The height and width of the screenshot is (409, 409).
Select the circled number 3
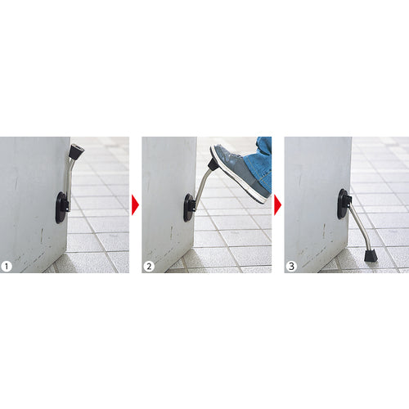(x=292, y=264)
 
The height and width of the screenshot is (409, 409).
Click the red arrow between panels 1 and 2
(x=135, y=204)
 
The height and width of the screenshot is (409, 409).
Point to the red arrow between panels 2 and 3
(x=277, y=204)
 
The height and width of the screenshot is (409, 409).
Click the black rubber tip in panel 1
(x=76, y=151)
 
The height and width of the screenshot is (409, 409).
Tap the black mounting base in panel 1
(x=61, y=207)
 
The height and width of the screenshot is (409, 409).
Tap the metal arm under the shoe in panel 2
(x=202, y=184)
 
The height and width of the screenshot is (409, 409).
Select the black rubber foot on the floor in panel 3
(x=370, y=254)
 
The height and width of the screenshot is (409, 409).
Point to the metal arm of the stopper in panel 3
(x=358, y=227)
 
